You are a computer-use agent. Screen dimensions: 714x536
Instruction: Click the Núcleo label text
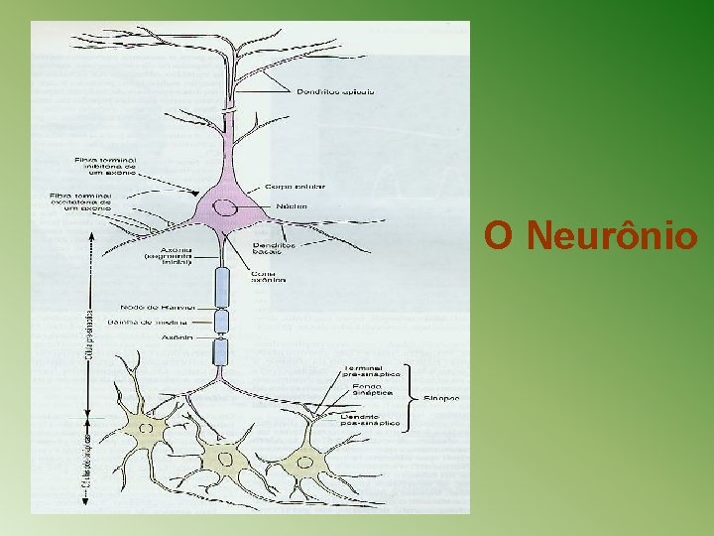[293, 206]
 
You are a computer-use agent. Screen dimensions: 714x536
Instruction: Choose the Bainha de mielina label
[157, 322]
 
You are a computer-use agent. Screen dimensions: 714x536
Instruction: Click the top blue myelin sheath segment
[222, 288]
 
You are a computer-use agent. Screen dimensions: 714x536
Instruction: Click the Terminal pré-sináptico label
[371, 370]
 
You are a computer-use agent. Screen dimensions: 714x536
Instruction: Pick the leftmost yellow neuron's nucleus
[147, 429]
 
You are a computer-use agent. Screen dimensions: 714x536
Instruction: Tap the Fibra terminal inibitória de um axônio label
[108, 166]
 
